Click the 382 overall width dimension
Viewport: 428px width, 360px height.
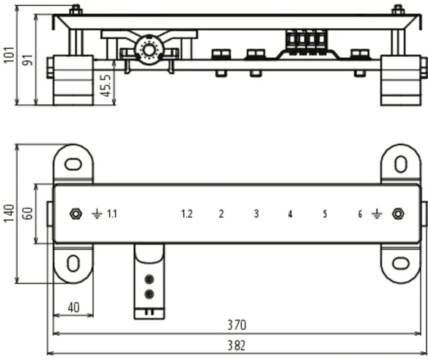tap(237, 345)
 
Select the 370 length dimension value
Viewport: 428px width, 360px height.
tap(237, 325)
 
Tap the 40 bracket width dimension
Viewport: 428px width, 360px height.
tap(73, 307)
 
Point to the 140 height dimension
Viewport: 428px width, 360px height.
tap(9, 213)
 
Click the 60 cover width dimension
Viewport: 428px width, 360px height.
tap(28, 213)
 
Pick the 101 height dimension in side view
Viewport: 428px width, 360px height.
tap(9, 55)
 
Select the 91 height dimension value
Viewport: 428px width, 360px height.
tap(28, 60)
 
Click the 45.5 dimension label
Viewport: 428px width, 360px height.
tap(106, 86)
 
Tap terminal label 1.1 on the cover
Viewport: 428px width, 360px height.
tap(112, 214)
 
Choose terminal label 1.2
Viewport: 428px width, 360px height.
tap(187, 214)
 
